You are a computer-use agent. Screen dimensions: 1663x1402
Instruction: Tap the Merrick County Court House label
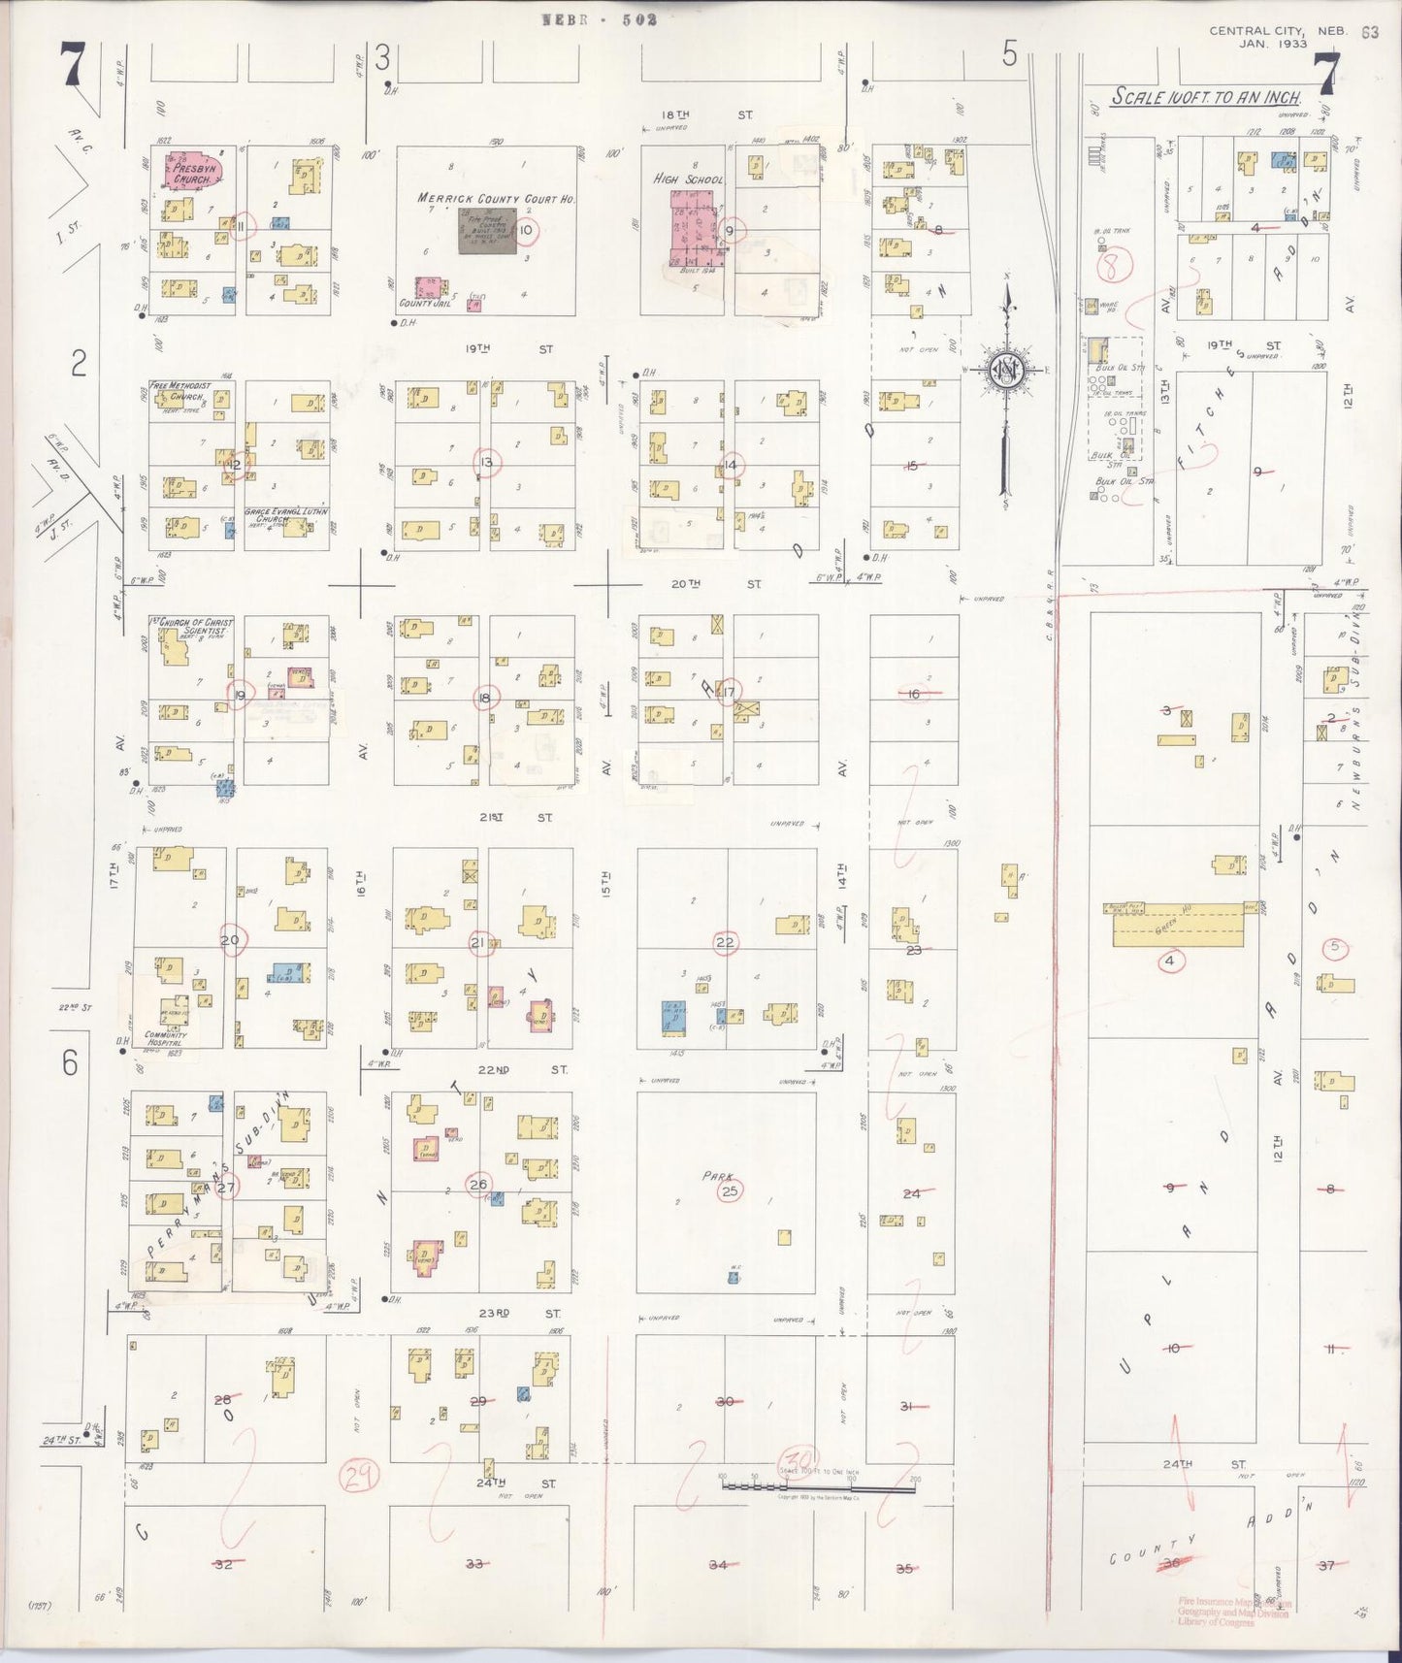coord(496,198)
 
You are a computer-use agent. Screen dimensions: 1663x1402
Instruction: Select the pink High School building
coord(696,231)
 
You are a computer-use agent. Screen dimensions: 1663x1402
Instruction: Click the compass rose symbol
coord(1006,370)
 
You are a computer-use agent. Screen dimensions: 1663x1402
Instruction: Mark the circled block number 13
coord(486,463)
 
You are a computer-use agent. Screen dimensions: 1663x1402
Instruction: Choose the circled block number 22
coord(725,942)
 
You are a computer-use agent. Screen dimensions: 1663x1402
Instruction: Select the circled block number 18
coord(484,698)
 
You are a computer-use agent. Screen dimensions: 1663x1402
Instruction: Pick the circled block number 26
coord(478,1185)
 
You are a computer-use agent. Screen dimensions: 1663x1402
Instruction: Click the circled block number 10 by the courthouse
coord(525,230)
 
